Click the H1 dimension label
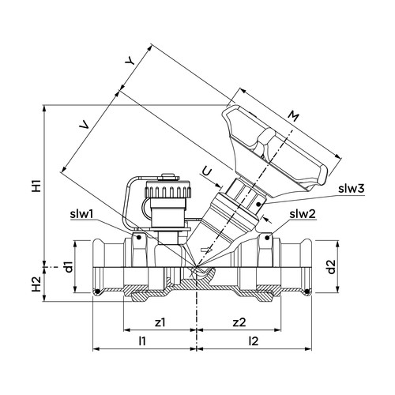36,186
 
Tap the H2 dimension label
36,284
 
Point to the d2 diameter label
331,267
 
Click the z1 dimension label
160,322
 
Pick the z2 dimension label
239,322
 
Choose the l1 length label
142,341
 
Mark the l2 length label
254,341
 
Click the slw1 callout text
81,214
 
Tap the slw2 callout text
303,214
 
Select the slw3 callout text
352,189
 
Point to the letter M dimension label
293,116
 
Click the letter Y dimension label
130,62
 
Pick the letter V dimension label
85,126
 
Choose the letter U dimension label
207,172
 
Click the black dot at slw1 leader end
138,238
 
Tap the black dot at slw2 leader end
267,238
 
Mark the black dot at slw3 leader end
258,204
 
